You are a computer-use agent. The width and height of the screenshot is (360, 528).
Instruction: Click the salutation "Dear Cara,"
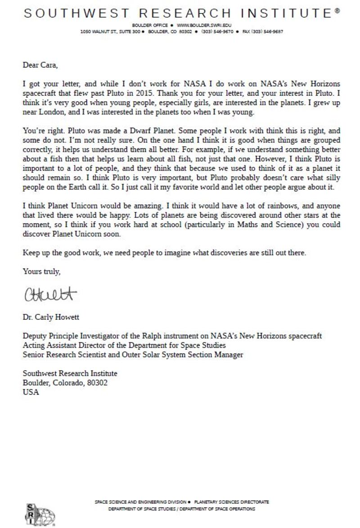point(40,65)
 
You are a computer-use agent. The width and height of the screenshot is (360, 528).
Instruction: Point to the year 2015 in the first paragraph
point(144,94)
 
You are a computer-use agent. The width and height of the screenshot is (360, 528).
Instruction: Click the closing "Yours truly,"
point(41,271)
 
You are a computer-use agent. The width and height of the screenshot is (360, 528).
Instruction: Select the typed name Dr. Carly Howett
point(51,317)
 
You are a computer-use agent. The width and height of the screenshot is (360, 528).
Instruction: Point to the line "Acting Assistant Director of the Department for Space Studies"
point(124,345)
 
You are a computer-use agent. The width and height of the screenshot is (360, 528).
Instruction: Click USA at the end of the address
point(31,392)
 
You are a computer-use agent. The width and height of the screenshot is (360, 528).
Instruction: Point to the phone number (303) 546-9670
point(217,31)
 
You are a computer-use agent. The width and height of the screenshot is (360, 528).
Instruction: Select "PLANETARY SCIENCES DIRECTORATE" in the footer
point(231,502)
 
